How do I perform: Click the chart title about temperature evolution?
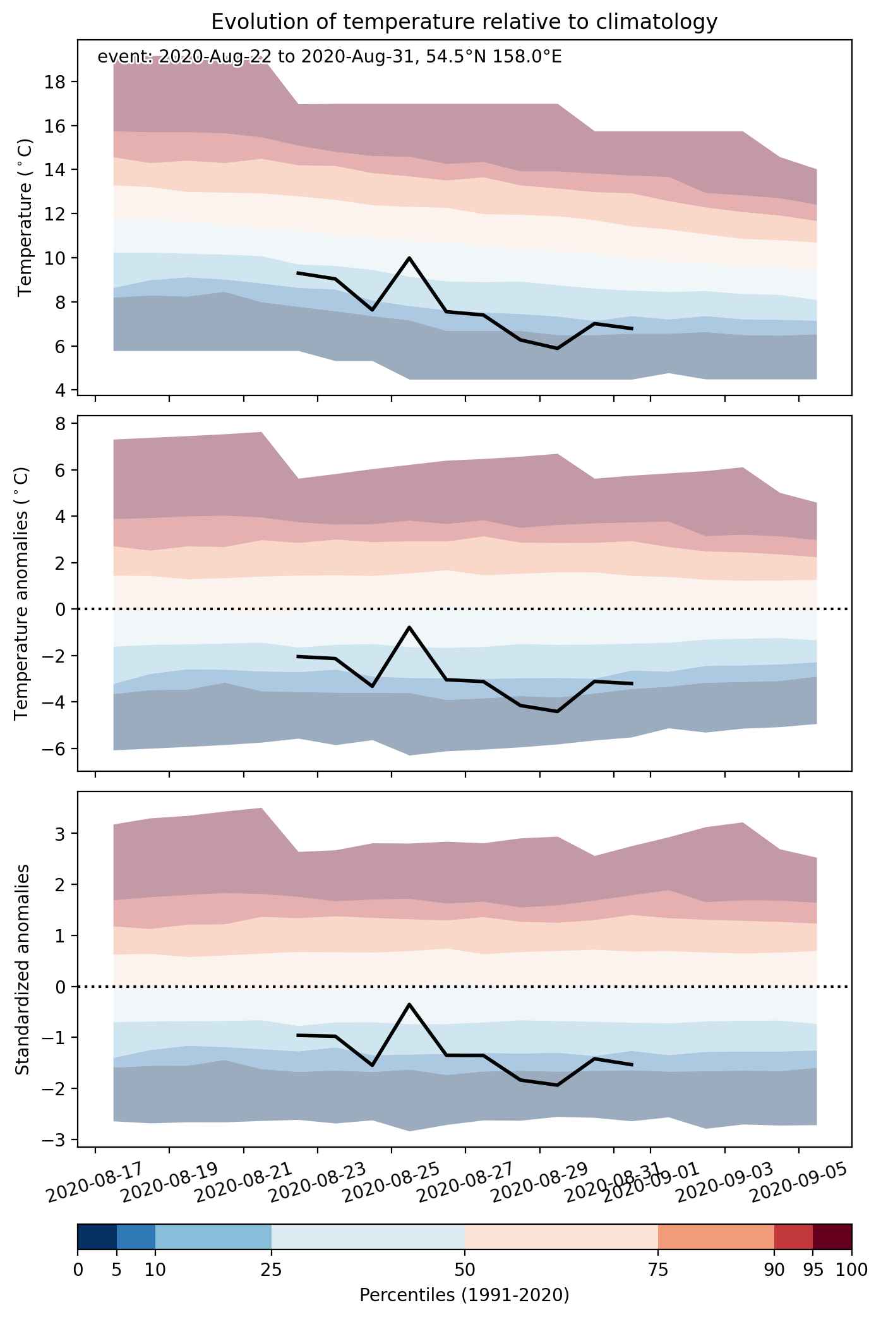[464, 22]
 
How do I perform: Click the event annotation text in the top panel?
[330, 57]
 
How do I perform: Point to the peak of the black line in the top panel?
[409, 258]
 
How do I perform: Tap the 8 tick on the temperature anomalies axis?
[61, 424]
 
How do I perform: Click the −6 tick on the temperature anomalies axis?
[55, 749]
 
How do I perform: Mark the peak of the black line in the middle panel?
[409, 627]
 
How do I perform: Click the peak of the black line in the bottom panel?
[409, 1004]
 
